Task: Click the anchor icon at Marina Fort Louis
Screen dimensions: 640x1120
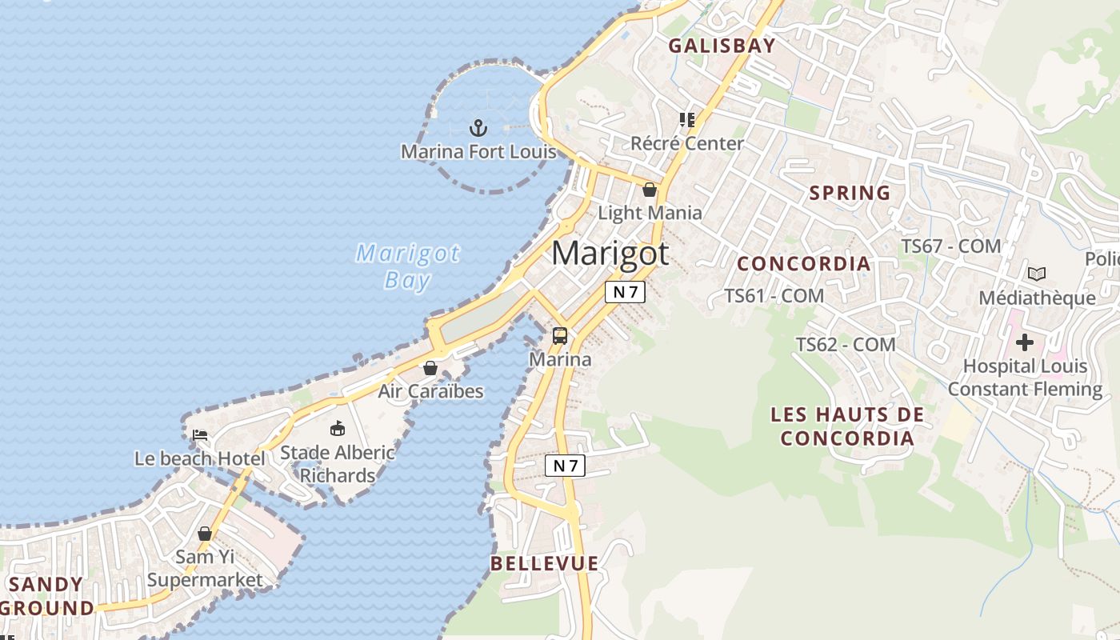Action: pyautogui.click(x=478, y=127)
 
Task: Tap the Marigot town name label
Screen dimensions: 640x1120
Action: pyautogui.click(x=610, y=254)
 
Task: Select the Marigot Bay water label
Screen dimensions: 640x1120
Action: pyautogui.click(x=408, y=266)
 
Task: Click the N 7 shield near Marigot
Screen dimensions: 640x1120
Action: pyautogui.click(x=624, y=292)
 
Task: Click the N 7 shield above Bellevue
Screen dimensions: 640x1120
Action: pyautogui.click(x=565, y=466)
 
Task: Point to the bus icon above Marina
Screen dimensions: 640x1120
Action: pyautogui.click(x=560, y=336)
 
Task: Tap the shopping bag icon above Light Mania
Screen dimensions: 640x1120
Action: pyautogui.click(x=650, y=190)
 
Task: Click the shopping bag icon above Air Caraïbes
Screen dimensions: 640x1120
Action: pyautogui.click(x=430, y=368)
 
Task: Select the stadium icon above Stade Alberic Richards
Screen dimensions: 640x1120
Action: pyautogui.click(x=338, y=429)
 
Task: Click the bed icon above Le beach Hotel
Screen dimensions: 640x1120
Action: pyautogui.click(x=200, y=435)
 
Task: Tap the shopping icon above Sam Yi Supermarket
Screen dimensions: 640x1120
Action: pyautogui.click(x=205, y=533)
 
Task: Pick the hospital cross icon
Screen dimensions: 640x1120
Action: pyautogui.click(x=1025, y=343)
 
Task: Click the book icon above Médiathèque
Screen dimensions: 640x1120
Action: pyautogui.click(x=1037, y=274)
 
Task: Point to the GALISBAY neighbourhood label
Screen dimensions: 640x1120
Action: pyautogui.click(x=722, y=46)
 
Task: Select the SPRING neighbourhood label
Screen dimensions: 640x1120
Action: pyautogui.click(x=850, y=193)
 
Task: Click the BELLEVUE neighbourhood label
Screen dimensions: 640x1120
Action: pyautogui.click(x=545, y=563)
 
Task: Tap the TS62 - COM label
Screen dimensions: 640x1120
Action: pyautogui.click(x=846, y=345)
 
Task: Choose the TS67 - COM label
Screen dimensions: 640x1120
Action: pyautogui.click(x=951, y=246)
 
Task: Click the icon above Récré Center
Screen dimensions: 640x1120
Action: pyautogui.click(x=686, y=120)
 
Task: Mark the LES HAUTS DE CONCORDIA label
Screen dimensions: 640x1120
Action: pyautogui.click(x=847, y=426)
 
